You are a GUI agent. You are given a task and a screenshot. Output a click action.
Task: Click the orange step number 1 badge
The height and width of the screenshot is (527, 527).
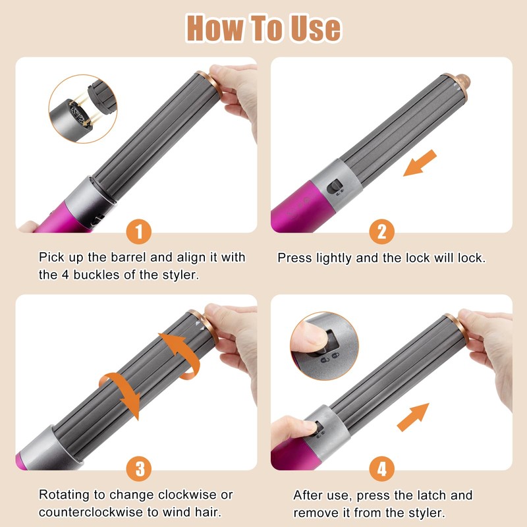pyautogui.click(x=139, y=232)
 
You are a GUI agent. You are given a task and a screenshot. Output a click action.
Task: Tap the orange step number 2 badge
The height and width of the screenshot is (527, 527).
pyautogui.click(x=381, y=232)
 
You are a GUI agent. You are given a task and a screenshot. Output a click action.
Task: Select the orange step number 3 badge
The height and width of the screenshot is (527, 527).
pyautogui.click(x=139, y=468)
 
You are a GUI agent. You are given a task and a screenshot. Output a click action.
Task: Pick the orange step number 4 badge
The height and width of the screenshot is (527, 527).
pyautogui.click(x=381, y=468)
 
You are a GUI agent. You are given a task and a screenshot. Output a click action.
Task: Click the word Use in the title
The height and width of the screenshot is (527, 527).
pyautogui.click(x=316, y=28)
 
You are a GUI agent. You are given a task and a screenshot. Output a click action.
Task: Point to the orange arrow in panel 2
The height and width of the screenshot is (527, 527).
pyautogui.click(x=420, y=163)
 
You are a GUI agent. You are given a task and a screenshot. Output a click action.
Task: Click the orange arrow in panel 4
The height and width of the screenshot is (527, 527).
pyautogui.click(x=414, y=417)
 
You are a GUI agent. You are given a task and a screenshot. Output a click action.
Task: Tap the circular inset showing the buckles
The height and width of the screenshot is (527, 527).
pyautogui.click(x=83, y=109)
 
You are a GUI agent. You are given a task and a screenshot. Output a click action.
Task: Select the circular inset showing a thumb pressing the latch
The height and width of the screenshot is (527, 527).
pyautogui.click(x=324, y=347)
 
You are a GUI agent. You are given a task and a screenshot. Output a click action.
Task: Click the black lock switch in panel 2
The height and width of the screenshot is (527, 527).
pyautogui.click(x=335, y=187)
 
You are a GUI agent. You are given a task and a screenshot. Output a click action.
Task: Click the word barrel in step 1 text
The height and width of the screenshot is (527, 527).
pyautogui.click(x=128, y=258)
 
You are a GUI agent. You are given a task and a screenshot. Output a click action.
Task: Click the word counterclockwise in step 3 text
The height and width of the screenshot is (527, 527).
pyautogui.click(x=91, y=513)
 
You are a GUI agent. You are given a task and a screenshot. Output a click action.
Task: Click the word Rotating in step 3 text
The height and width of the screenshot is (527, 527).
pyautogui.click(x=65, y=495)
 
